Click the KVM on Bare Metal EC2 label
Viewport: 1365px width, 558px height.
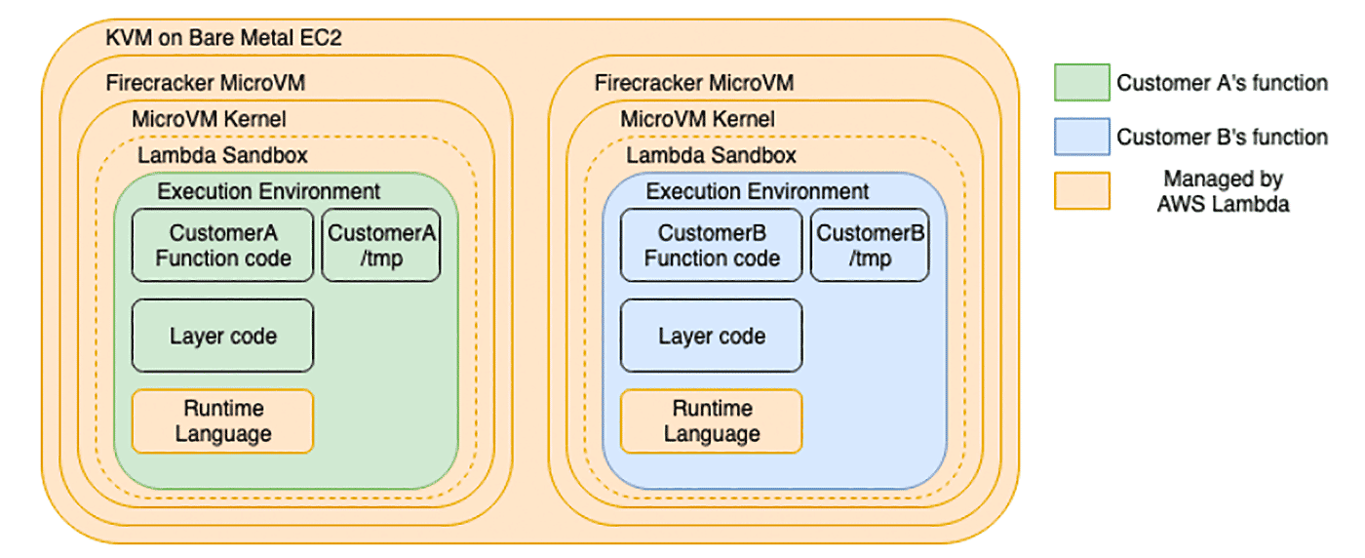(x=223, y=39)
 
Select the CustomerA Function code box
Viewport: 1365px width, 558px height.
(x=222, y=245)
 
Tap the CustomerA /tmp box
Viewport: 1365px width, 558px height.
(x=381, y=245)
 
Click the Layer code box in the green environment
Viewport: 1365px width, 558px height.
(x=222, y=336)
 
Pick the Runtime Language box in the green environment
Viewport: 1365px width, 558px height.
(x=222, y=420)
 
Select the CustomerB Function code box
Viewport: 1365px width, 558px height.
(x=711, y=245)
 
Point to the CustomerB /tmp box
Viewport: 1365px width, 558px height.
(x=870, y=245)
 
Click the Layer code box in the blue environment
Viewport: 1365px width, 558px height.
(x=711, y=336)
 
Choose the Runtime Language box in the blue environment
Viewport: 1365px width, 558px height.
(x=711, y=420)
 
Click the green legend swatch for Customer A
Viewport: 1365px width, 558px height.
(x=1081, y=83)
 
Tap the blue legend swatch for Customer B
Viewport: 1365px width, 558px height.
(x=1081, y=137)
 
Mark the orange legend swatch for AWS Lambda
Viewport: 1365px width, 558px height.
(x=1081, y=191)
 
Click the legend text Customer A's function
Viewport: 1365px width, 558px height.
(x=1222, y=83)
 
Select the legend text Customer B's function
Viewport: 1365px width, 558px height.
(x=1222, y=137)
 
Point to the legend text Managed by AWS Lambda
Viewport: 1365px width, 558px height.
(x=1222, y=192)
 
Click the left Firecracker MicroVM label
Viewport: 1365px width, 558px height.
(x=205, y=83)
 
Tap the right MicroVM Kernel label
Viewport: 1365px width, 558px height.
(x=697, y=120)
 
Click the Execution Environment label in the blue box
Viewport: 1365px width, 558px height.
(x=758, y=191)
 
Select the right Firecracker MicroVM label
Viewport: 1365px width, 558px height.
(x=693, y=83)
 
